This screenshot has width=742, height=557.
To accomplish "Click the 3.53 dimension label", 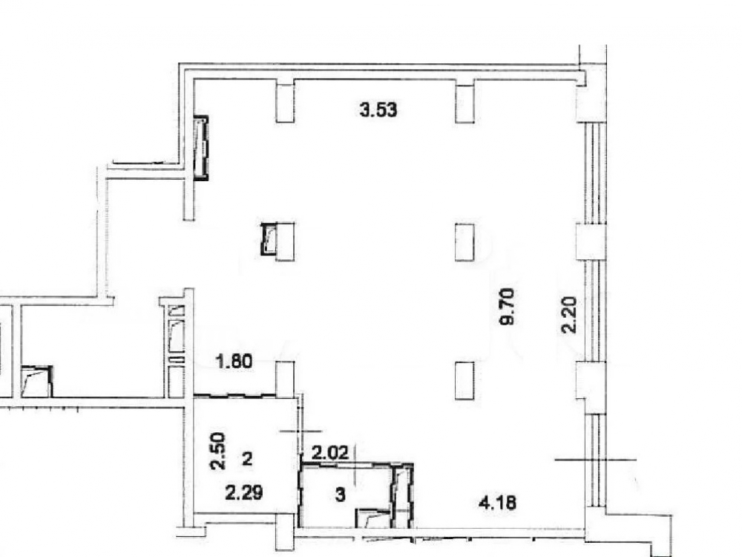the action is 378,111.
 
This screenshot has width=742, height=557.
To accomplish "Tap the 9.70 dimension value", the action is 507,307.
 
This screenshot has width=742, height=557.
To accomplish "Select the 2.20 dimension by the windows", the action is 569,314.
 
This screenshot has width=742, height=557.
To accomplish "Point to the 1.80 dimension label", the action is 234,362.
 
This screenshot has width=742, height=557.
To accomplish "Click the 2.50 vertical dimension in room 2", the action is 218,451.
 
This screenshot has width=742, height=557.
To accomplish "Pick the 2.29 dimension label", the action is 244,494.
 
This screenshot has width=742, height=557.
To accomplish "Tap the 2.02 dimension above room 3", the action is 330,453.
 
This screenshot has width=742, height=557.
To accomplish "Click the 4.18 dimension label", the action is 497,501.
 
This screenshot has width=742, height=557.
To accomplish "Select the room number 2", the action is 247,458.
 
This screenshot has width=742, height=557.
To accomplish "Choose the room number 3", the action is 341,495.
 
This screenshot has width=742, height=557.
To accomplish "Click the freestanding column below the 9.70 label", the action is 464,381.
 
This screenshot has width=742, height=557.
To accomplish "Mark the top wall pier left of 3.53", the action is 285,101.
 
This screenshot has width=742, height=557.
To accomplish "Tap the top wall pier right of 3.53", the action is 464,101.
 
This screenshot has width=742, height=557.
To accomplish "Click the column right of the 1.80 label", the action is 285,380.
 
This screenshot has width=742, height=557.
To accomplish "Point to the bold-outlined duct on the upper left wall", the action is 202,149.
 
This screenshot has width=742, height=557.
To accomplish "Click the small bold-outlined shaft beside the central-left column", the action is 269,239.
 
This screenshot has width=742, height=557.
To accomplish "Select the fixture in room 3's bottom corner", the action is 373,518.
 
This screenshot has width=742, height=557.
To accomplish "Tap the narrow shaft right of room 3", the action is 403,496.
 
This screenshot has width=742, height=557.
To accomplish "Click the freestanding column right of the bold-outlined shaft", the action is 285,241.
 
